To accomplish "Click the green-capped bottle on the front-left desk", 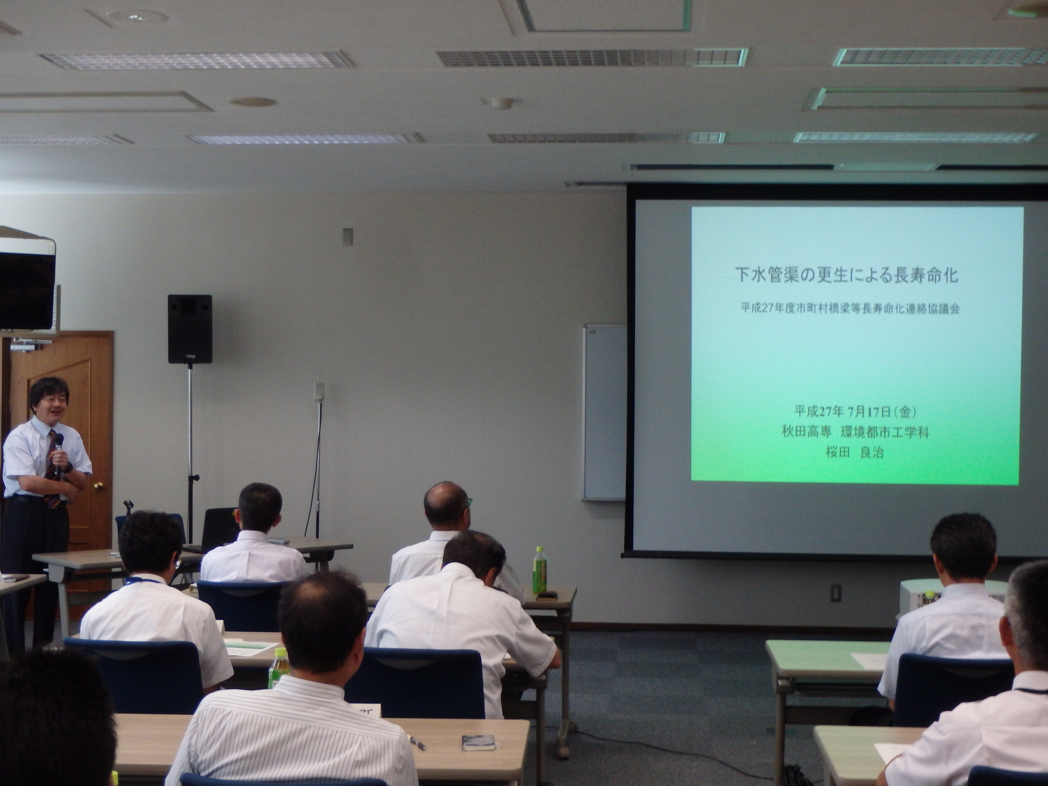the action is click(276, 669).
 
